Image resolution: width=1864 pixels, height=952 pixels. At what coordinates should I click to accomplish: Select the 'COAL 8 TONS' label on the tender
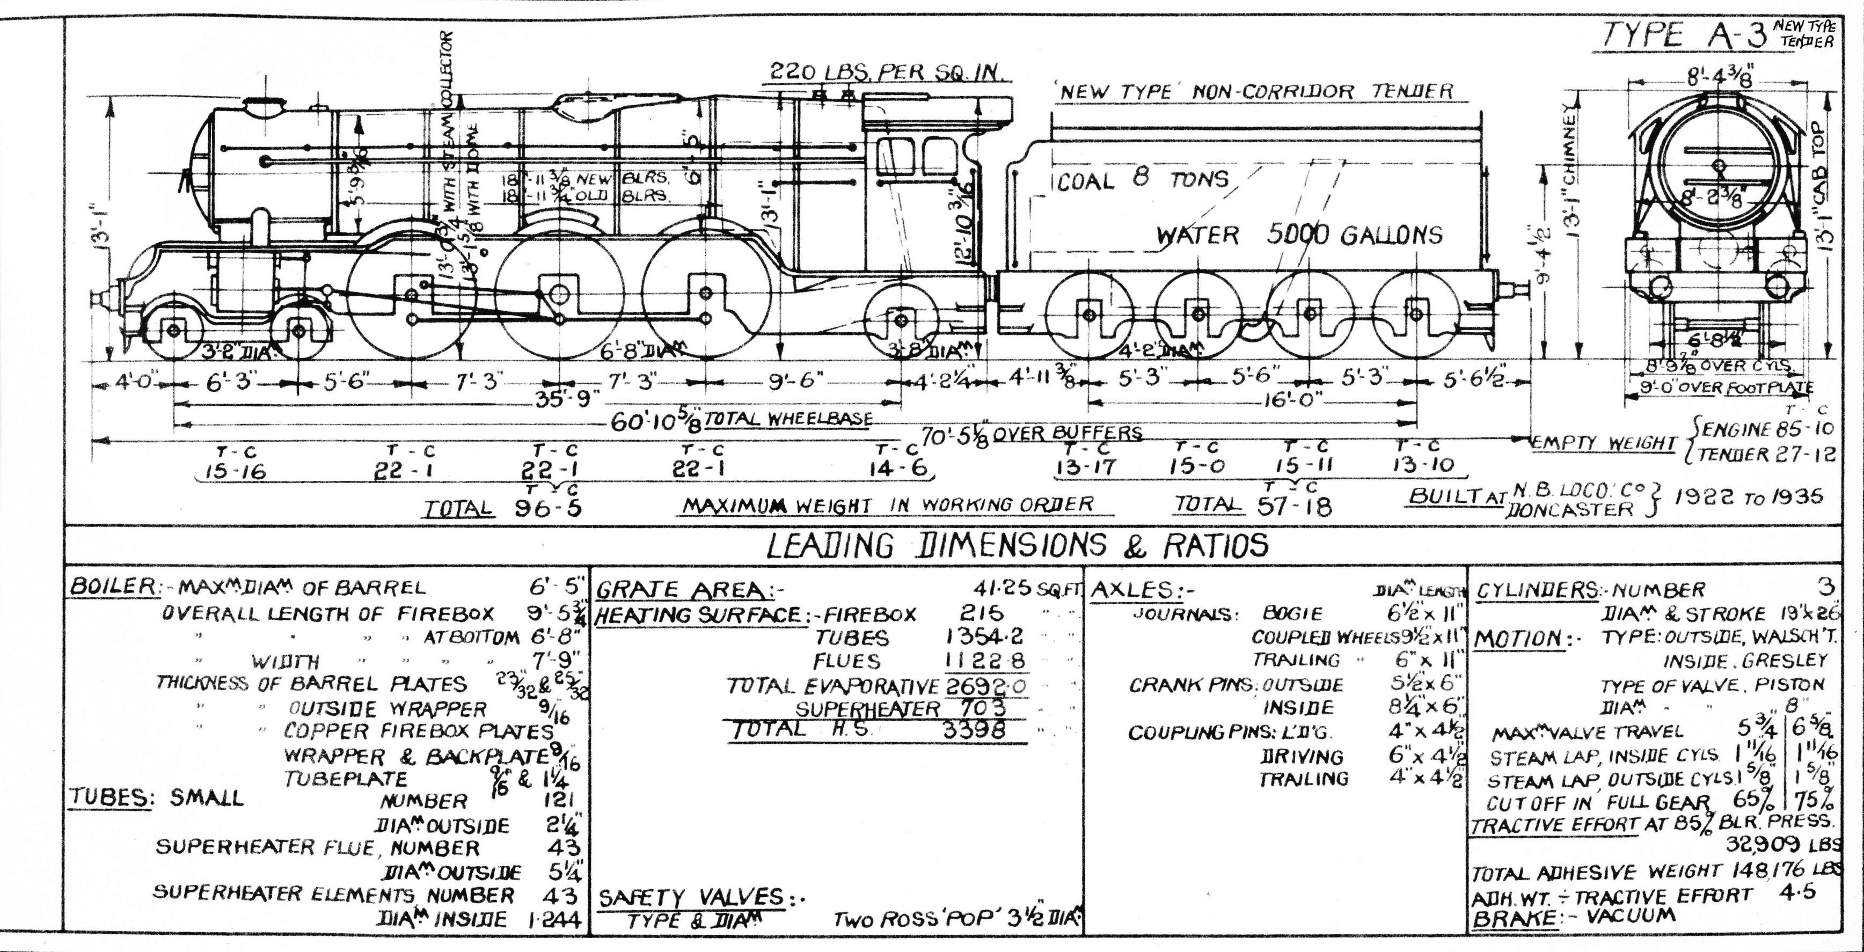[x=1143, y=179]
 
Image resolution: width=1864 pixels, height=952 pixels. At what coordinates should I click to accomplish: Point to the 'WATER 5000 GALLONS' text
[x=1299, y=235]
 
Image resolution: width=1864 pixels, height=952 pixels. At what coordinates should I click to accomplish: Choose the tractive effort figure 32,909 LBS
[x=1780, y=844]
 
